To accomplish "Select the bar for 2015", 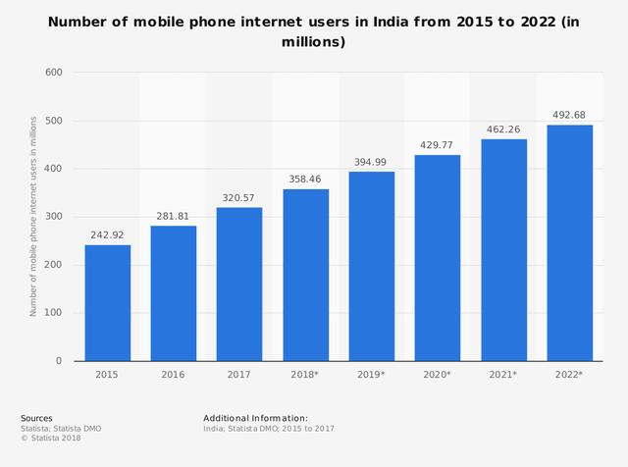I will click(x=107, y=302).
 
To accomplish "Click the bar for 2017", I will click(x=239, y=285).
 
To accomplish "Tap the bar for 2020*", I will click(x=438, y=258).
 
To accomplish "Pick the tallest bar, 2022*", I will click(x=570, y=243).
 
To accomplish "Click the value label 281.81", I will click(x=173, y=217).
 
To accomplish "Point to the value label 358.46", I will click(x=305, y=181).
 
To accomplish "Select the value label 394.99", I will click(x=372, y=163).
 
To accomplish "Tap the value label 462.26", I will click(x=503, y=130).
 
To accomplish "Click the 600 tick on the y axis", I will click(x=53, y=73).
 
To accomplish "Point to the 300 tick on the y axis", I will click(x=53, y=217).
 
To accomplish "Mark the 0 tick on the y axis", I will click(x=58, y=361).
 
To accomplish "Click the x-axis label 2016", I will click(x=173, y=375).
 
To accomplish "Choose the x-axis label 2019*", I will click(x=372, y=375).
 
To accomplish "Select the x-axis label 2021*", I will click(x=503, y=375).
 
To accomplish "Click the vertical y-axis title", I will click(x=33, y=216).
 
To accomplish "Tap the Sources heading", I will click(x=36, y=418).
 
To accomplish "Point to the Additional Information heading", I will click(x=255, y=418).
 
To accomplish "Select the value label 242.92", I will click(x=107, y=235).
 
